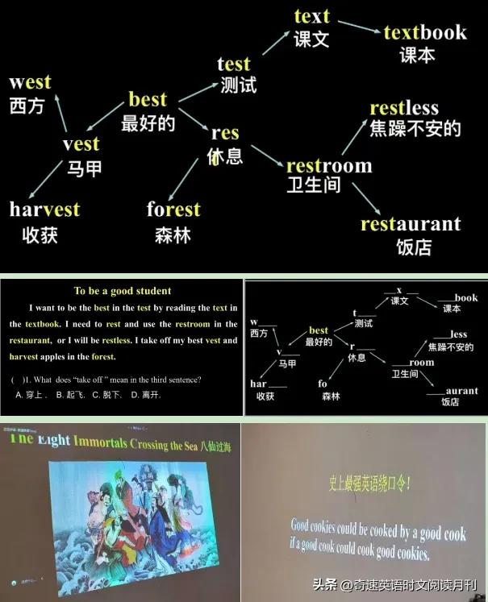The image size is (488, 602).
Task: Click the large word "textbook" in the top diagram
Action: (x=425, y=32)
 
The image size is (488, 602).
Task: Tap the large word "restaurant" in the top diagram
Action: (x=411, y=224)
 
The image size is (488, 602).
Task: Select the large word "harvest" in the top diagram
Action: (x=45, y=210)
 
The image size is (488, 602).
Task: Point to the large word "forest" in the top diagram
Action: (x=173, y=210)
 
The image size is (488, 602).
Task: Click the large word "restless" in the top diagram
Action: (x=415, y=108)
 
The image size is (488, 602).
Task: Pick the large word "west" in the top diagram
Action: (x=30, y=81)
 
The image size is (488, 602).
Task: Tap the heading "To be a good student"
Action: (x=123, y=291)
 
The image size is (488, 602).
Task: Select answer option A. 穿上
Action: (x=32, y=395)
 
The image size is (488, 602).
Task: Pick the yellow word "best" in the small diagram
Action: (x=319, y=330)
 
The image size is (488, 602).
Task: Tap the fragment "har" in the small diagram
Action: (x=258, y=384)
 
